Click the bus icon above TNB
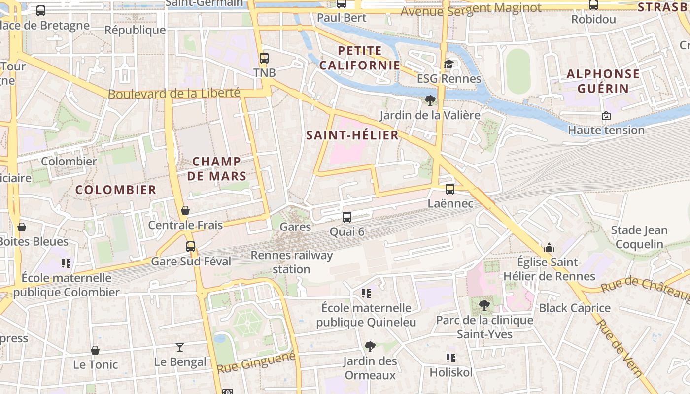point(264,58)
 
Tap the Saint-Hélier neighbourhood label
point(352,135)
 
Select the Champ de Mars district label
point(217,168)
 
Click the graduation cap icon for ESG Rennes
point(448,64)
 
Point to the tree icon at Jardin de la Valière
point(430,100)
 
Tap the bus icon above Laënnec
point(449,189)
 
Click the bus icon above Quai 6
point(347,217)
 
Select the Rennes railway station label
point(292,262)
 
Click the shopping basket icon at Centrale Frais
point(185,210)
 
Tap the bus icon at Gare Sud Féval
point(191,246)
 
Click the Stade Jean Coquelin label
point(639,237)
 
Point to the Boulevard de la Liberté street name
point(174,93)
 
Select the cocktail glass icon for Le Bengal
point(180,347)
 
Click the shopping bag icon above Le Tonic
point(95,350)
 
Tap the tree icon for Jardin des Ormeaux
point(370,347)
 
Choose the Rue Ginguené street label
point(256,362)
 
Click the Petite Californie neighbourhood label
point(359,58)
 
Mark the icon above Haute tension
point(606,116)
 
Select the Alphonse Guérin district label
point(603,81)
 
